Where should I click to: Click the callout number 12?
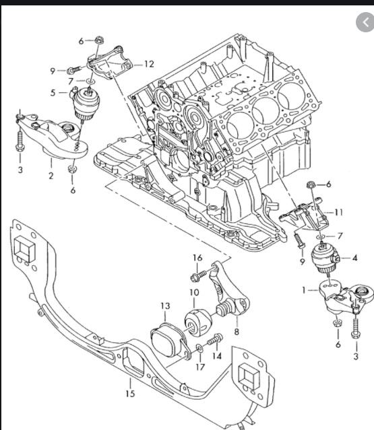(149, 64)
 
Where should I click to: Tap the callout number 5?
(53, 93)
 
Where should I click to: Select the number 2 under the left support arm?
(51, 176)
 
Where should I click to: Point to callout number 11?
(338, 212)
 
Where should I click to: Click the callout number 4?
(354, 258)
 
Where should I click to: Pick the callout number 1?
(303, 290)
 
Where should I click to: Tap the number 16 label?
(197, 258)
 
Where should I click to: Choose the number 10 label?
(194, 292)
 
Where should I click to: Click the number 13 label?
(165, 306)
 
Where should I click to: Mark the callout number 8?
(237, 332)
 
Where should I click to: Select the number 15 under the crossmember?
(131, 394)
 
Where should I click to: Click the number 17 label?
(200, 367)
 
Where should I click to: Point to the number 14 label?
(217, 356)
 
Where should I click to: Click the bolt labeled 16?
(198, 276)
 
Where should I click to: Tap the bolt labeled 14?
(215, 339)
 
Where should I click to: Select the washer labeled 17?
(200, 349)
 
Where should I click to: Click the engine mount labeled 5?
(85, 104)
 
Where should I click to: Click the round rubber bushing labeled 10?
(198, 323)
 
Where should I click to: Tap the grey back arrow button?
(365, 22)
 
